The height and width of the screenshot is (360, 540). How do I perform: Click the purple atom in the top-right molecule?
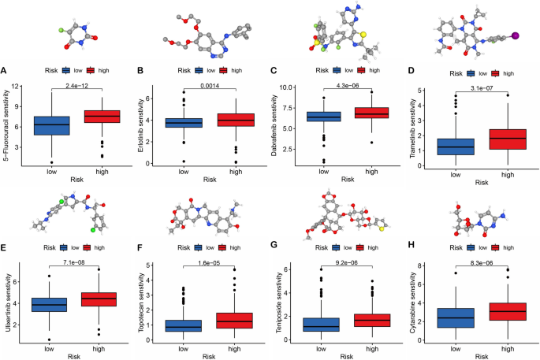(516, 35)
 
